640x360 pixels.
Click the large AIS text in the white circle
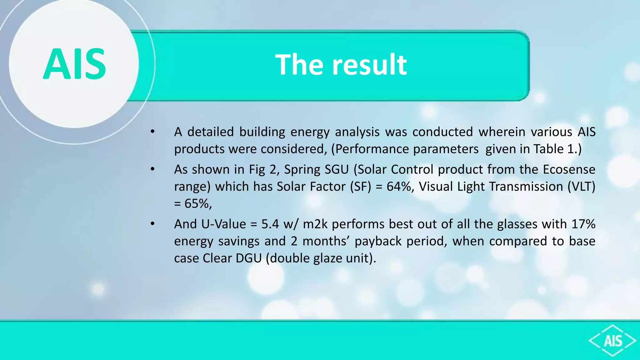point(74,64)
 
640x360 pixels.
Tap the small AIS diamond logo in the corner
point(612,341)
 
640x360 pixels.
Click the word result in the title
point(369,65)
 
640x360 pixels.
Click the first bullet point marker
point(152,132)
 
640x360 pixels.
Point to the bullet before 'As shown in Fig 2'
point(152,169)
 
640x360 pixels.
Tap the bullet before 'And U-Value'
point(152,224)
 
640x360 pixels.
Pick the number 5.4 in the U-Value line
point(270,224)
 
